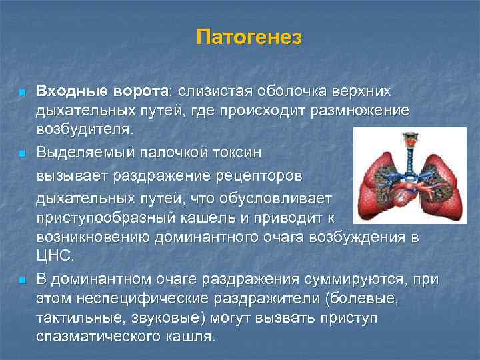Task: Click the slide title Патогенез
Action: point(249,37)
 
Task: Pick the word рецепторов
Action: point(256,177)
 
